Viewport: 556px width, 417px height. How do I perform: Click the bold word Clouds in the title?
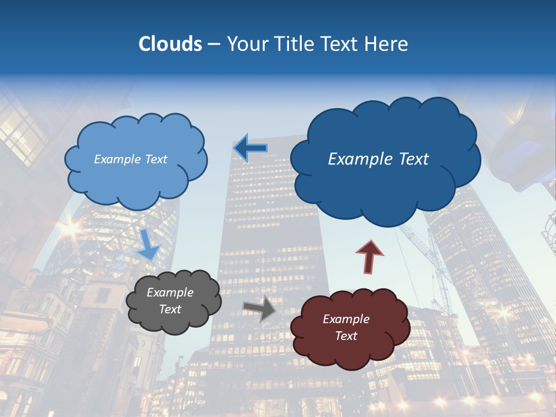(x=170, y=44)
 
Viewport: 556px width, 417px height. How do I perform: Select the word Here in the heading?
(x=387, y=44)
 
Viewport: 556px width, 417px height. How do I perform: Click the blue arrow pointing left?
(x=250, y=148)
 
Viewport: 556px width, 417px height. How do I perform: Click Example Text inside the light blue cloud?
(x=130, y=159)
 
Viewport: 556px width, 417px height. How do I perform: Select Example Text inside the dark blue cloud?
(x=378, y=159)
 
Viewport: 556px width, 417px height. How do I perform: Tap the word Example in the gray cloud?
(x=170, y=292)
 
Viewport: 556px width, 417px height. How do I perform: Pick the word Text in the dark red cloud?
(x=346, y=336)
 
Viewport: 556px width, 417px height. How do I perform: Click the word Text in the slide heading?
(x=341, y=44)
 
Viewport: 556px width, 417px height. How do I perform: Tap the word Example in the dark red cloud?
(x=346, y=319)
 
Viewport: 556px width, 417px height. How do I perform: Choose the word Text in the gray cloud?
(x=170, y=309)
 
